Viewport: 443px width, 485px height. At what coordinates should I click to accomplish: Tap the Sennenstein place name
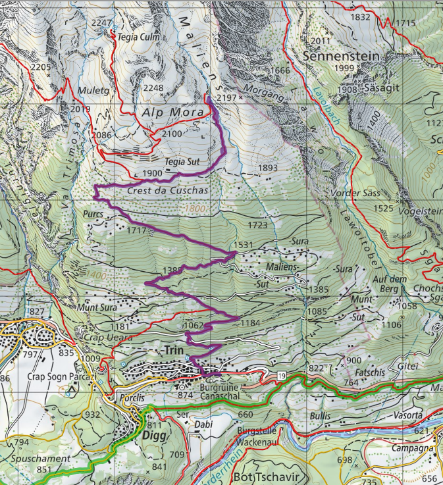click(342, 57)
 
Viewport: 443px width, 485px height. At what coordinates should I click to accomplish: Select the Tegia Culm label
click(138, 38)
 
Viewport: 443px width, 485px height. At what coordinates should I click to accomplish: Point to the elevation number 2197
click(226, 97)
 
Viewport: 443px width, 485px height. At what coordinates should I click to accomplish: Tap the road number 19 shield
click(281, 374)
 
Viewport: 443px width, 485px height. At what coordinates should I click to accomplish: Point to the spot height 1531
click(243, 245)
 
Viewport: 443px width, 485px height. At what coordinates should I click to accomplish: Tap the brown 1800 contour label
click(195, 209)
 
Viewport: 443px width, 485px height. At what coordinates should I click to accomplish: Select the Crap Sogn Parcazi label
click(57, 378)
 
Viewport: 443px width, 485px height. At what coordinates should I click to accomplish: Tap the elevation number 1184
click(251, 322)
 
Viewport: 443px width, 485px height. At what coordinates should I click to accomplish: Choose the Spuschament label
click(39, 458)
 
